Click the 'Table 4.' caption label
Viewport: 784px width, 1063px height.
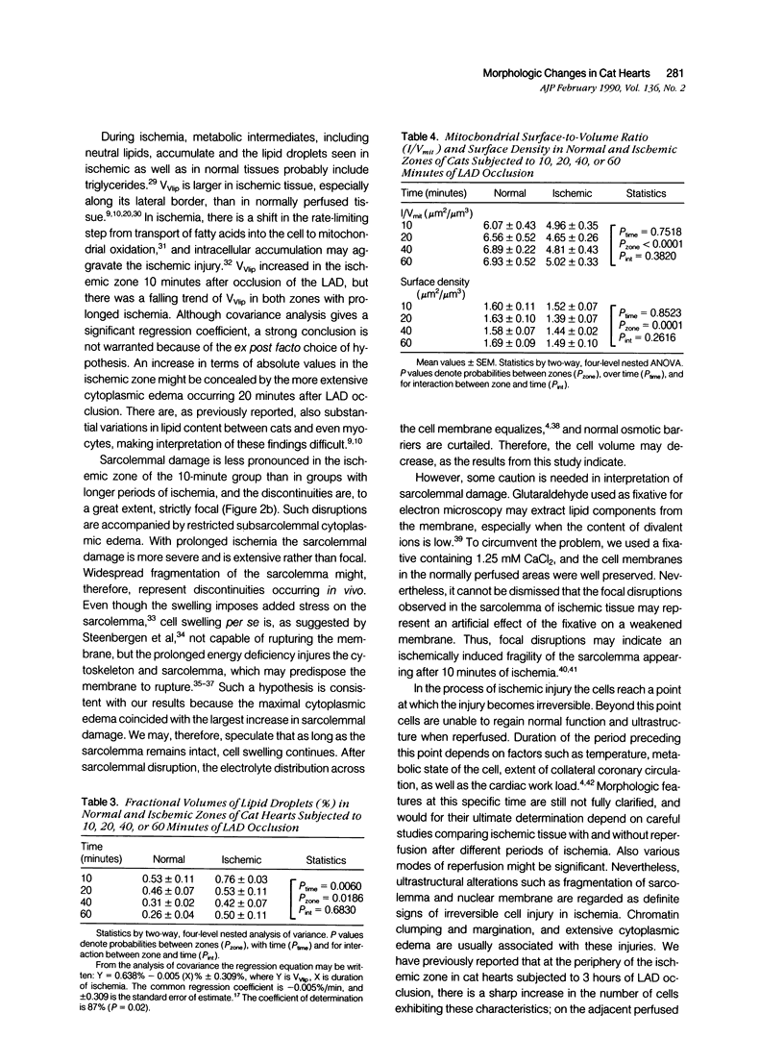click(419, 136)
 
